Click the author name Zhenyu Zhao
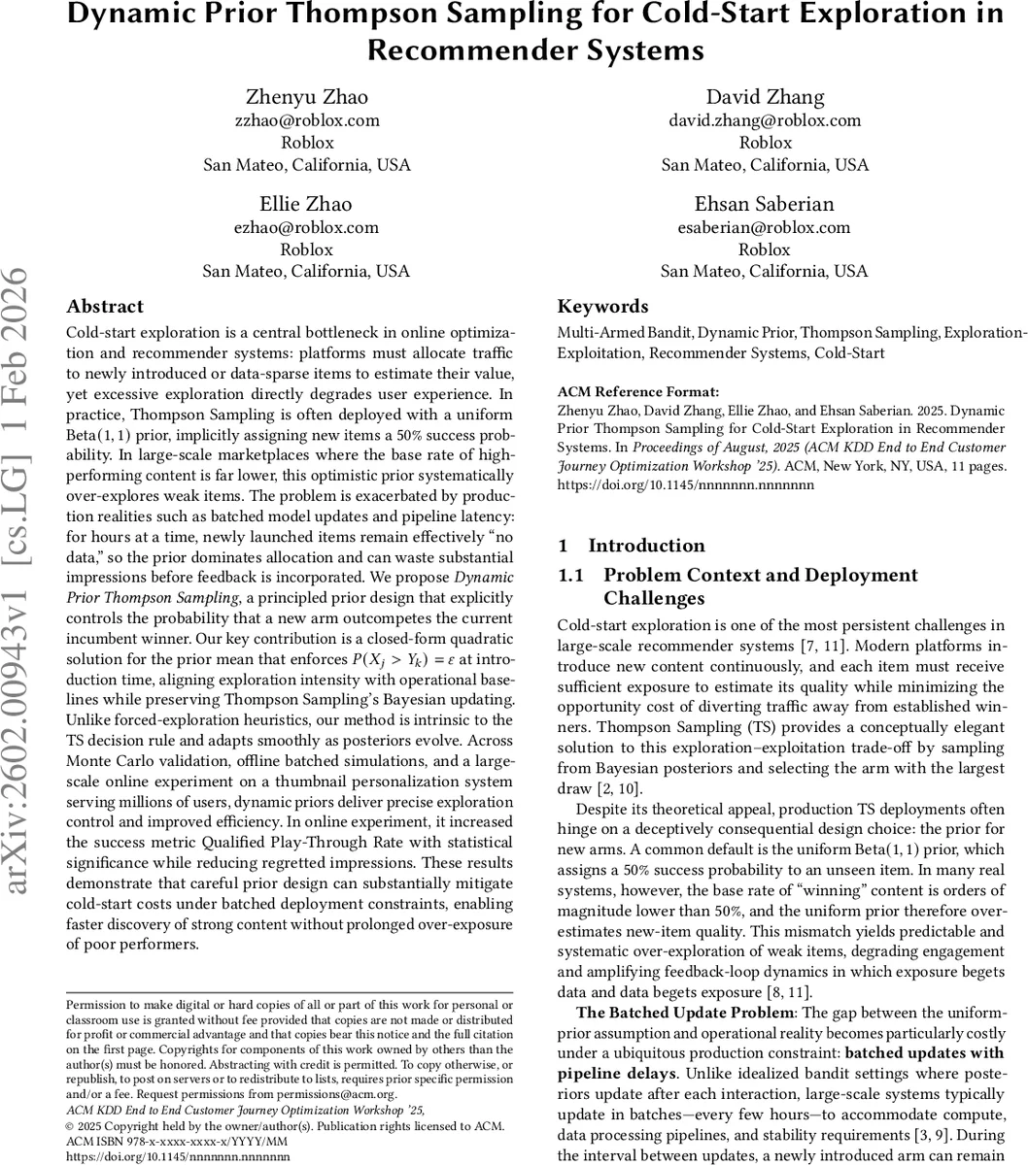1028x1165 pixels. [306, 97]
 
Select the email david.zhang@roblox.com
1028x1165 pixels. [765, 120]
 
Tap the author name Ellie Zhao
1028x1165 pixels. [306, 204]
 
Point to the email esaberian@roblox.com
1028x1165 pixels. [765, 227]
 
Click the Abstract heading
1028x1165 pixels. [105, 307]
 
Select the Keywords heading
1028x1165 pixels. [602, 307]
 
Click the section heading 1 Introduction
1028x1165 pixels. [632, 546]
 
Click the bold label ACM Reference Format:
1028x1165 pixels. [638, 392]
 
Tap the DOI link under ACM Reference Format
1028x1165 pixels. [685, 483]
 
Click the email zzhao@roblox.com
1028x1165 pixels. [306, 120]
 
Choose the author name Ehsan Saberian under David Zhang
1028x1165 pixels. [765, 204]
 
